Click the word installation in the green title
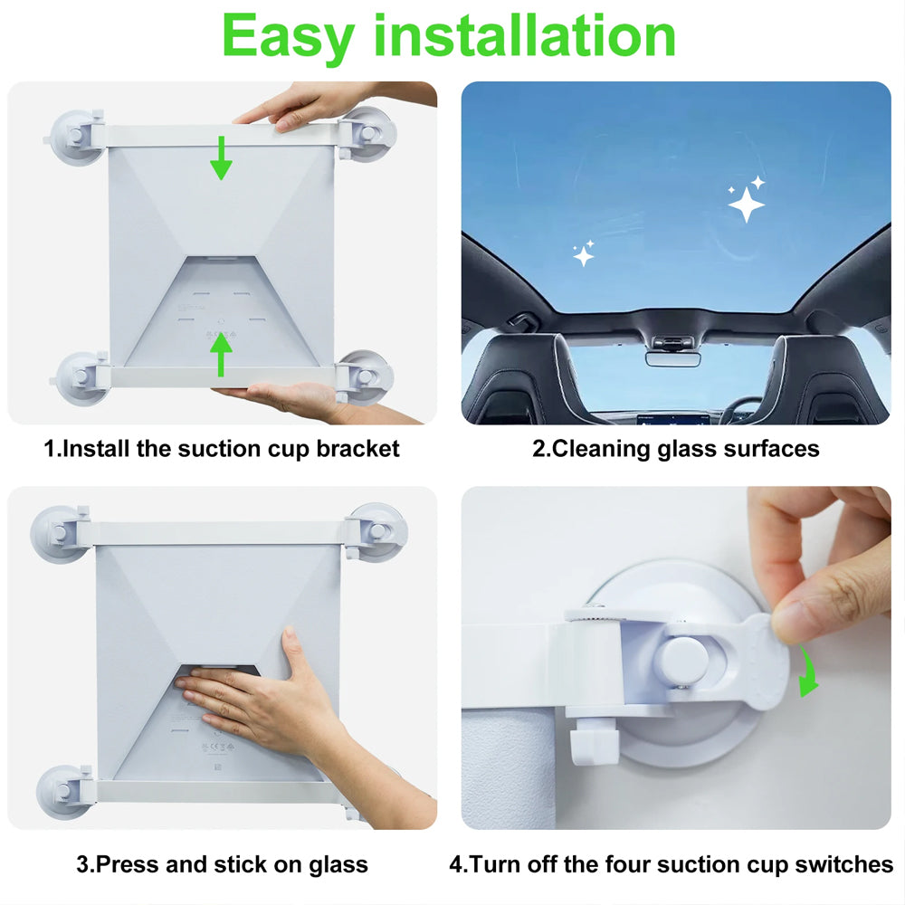click(x=525, y=36)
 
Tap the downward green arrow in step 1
click(x=221, y=157)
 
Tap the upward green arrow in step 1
click(x=221, y=355)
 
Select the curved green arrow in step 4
click(x=807, y=673)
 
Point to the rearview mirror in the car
click(x=672, y=358)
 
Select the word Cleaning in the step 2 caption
click(x=601, y=450)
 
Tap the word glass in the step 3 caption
click(x=338, y=865)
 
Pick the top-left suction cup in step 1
click(x=76, y=138)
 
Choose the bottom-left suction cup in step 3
click(x=62, y=793)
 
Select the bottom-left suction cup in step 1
click(x=81, y=379)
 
